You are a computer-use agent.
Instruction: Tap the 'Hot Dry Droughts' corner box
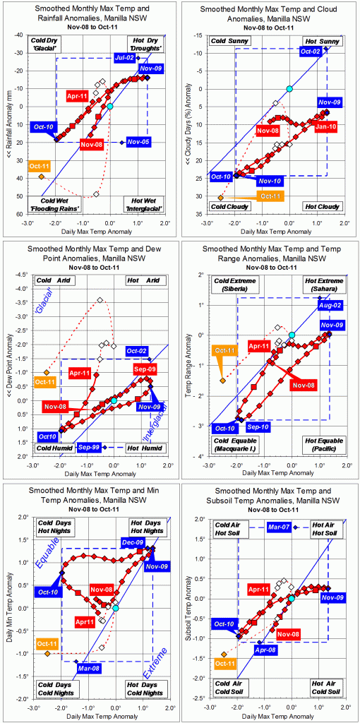pos(146,44)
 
